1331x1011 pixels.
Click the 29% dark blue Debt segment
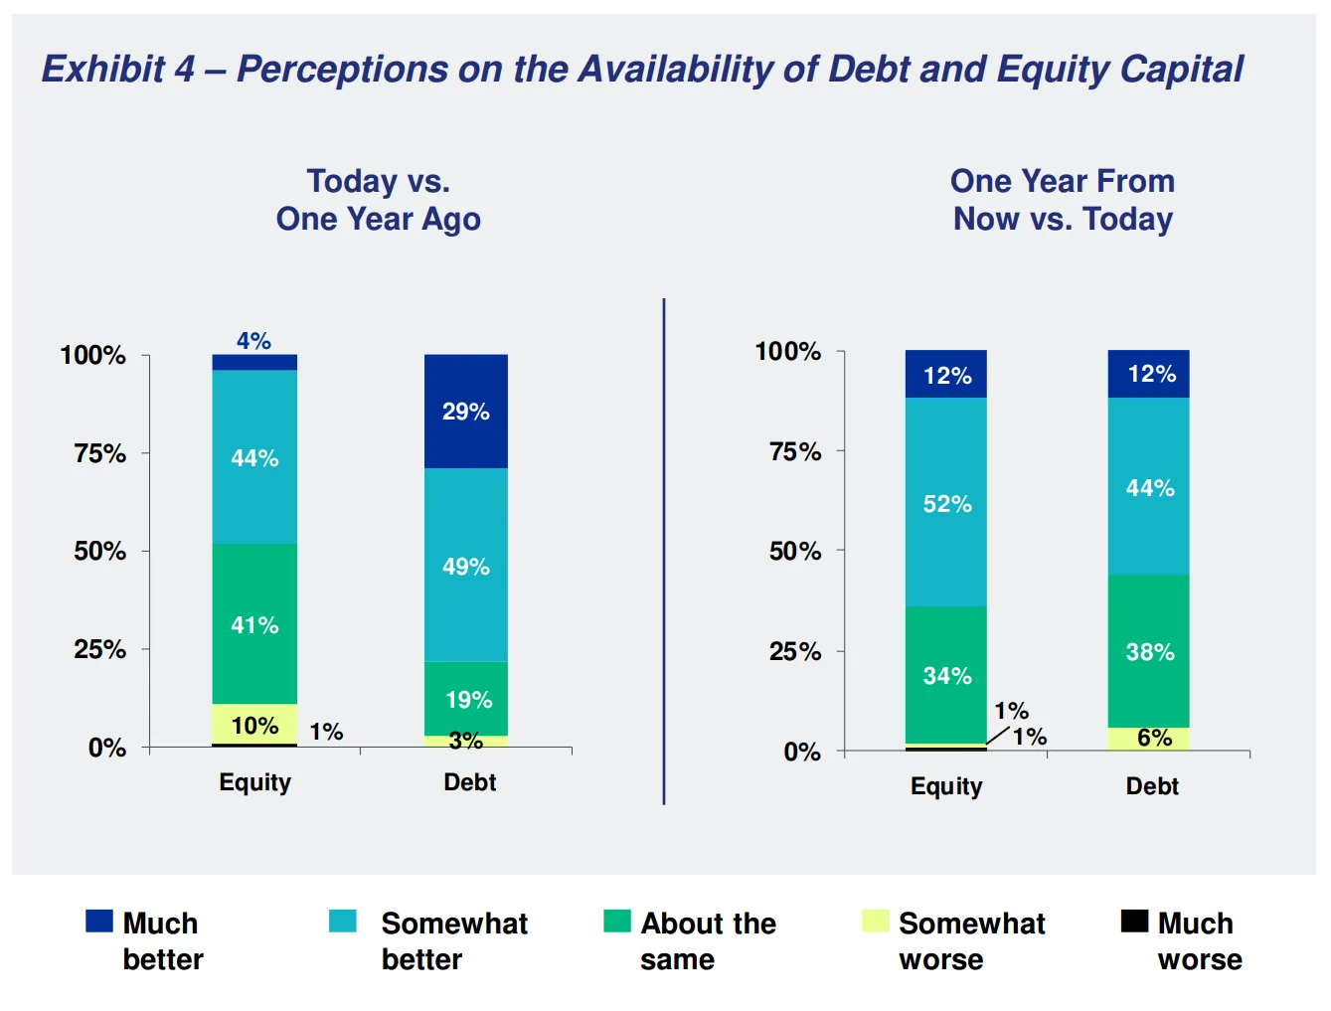point(465,412)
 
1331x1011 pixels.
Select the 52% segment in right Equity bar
point(945,503)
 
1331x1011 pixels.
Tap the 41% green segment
point(254,624)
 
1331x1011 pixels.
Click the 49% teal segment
point(465,566)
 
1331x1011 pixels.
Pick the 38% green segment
point(1148,651)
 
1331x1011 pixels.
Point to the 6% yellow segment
point(1148,739)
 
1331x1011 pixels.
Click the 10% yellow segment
point(254,725)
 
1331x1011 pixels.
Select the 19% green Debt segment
point(465,699)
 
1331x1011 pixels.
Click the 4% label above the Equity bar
point(253,341)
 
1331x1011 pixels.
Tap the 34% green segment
point(945,676)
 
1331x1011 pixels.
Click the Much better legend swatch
point(99,922)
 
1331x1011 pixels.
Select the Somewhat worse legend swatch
point(875,922)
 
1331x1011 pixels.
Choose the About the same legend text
point(707,940)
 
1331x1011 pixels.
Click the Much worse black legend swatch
point(1134,922)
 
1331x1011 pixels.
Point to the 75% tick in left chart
point(100,453)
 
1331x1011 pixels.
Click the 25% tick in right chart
point(795,651)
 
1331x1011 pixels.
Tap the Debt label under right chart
point(1151,786)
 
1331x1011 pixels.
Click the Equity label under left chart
point(254,782)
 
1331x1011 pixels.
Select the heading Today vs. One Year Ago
point(378,200)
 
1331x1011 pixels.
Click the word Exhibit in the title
point(103,70)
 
